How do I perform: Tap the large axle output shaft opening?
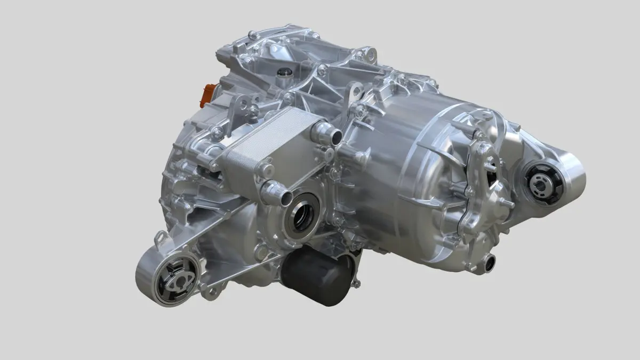point(302,212)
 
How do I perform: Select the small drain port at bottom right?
point(489,262)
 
